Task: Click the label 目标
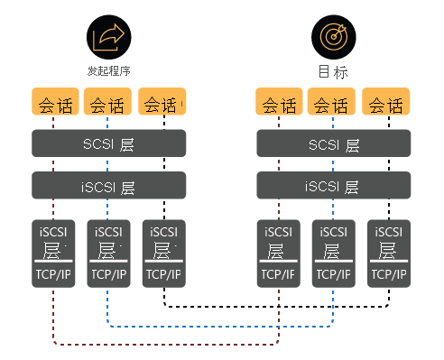click(332, 72)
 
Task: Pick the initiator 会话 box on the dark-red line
click(53, 103)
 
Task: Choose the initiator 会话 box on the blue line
click(108, 103)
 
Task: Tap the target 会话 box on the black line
click(387, 103)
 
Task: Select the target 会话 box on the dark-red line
click(279, 103)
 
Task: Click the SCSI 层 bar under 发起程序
click(108, 144)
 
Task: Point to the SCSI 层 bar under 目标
click(333, 144)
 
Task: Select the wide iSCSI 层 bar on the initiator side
click(108, 187)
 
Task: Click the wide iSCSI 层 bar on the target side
click(333, 187)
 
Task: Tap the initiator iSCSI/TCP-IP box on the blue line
click(108, 253)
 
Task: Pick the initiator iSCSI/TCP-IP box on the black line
click(164, 253)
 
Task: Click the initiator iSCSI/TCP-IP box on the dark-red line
click(53, 253)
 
